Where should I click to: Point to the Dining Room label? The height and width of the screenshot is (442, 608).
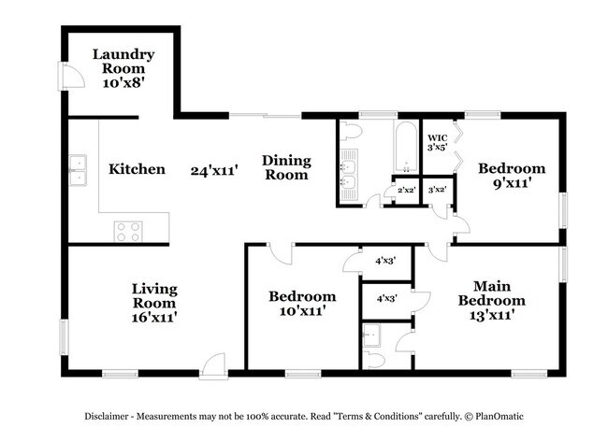pos(285,167)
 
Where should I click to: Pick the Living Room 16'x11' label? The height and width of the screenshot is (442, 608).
pos(154,303)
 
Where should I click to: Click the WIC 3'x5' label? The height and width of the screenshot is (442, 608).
pos(437,142)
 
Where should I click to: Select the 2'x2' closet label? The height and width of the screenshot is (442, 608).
pos(406,190)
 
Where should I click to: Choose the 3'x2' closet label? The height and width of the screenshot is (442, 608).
pos(436,190)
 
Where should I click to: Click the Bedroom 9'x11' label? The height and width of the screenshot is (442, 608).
pos(511,176)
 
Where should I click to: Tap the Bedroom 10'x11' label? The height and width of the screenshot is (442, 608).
pos(302,304)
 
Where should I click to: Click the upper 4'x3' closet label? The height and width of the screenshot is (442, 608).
pos(385,261)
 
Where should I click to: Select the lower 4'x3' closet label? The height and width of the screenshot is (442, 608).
pos(385,299)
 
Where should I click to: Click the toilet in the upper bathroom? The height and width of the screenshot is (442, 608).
pos(352,131)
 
